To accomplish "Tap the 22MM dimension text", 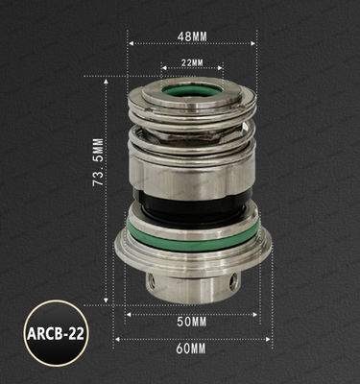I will click(x=192, y=63).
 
